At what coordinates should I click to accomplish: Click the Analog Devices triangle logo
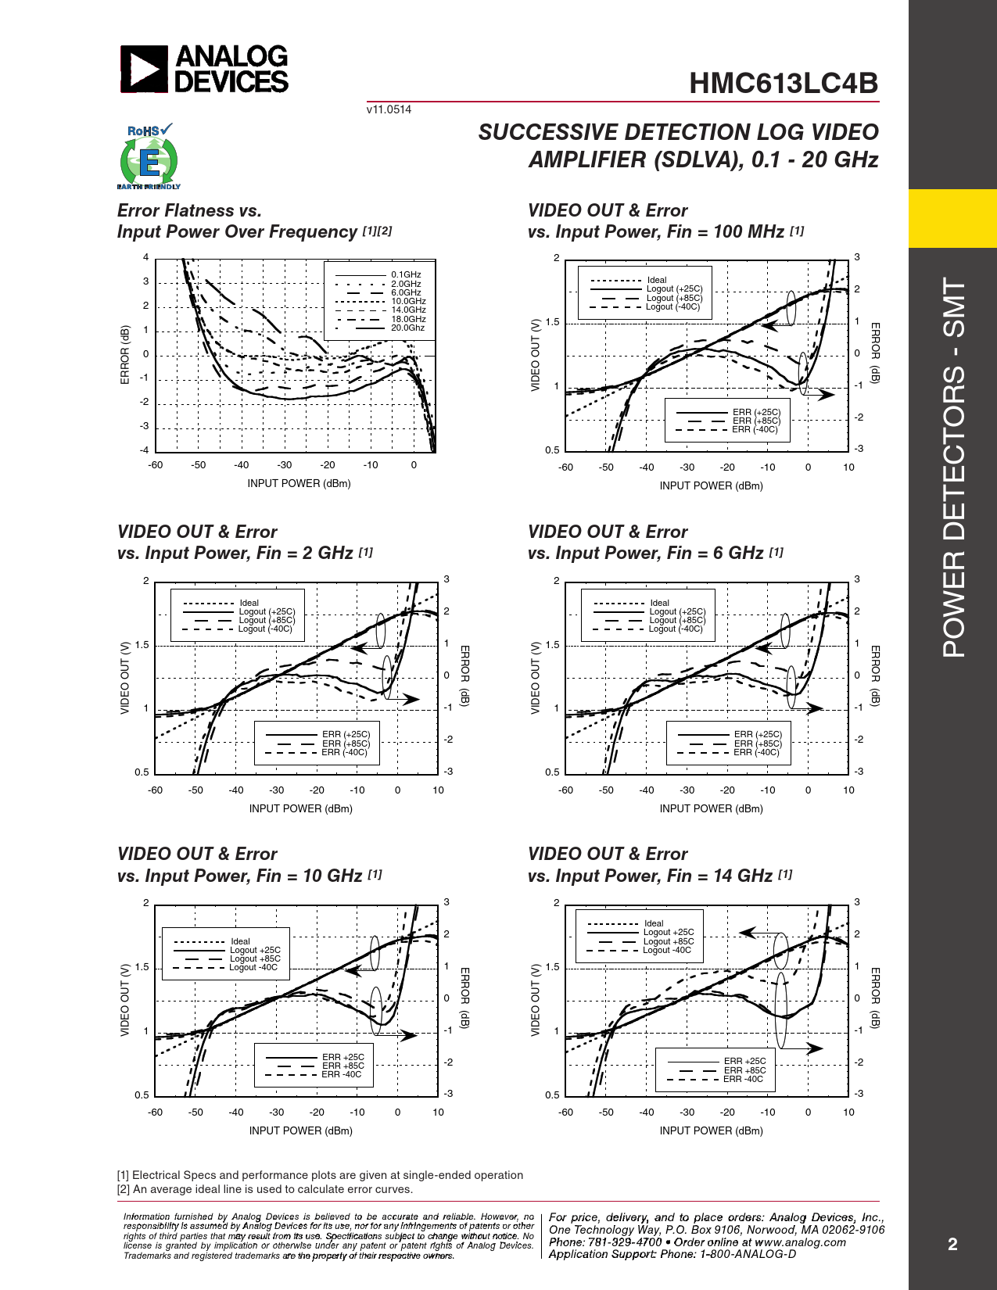click(144, 69)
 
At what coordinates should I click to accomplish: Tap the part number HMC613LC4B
click(784, 84)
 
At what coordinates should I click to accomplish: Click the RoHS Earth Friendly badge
click(149, 156)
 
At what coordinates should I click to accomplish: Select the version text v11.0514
click(389, 109)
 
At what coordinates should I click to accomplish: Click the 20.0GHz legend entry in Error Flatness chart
click(407, 328)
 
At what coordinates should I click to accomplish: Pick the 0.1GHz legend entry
click(406, 274)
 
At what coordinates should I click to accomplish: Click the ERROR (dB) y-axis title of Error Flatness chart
click(125, 354)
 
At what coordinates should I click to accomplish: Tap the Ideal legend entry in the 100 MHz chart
click(657, 280)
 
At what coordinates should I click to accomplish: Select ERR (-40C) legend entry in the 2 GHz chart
click(344, 753)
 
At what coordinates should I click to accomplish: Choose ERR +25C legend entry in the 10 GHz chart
click(343, 1057)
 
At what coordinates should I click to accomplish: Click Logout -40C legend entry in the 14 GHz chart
click(667, 951)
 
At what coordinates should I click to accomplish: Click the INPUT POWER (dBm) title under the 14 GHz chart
click(711, 1131)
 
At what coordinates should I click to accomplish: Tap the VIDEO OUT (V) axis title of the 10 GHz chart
click(124, 1001)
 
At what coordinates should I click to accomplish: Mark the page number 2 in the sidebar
click(952, 1244)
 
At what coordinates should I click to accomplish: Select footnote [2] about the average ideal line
click(265, 1189)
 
